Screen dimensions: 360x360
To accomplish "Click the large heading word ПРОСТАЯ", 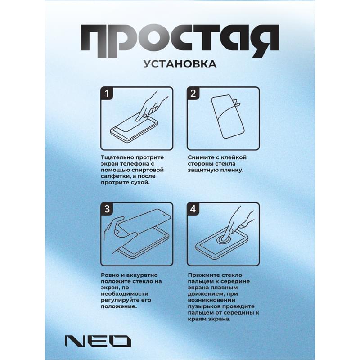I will (x=180, y=38).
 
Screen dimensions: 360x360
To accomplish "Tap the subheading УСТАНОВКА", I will (x=180, y=64).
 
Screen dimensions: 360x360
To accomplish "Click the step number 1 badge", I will (x=107, y=93).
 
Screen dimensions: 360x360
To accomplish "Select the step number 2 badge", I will (x=193, y=93).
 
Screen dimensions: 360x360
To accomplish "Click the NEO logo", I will (x=97, y=340).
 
